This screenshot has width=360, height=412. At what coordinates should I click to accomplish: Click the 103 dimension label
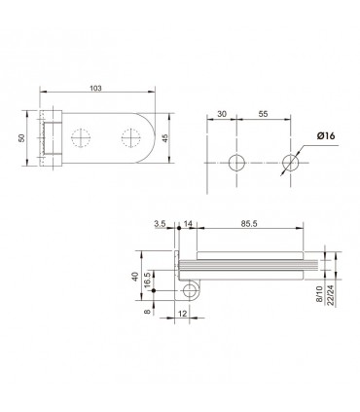click(96, 88)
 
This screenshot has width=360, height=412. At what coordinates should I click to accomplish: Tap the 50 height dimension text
click(21, 138)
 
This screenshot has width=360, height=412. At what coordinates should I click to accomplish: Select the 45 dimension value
click(165, 138)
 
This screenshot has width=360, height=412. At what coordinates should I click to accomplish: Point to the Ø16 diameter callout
click(326, 135)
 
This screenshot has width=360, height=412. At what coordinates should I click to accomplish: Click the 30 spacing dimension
click(222, 114)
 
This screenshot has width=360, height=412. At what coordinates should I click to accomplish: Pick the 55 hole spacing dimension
click(263, 114)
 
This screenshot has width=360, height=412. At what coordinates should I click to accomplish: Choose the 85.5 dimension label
click(249, 224)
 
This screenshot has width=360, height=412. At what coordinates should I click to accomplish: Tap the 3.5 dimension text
click(160, 224)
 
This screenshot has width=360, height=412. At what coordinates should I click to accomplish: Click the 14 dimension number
click(188, 224)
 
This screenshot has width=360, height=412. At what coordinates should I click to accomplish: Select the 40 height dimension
click(135, 277)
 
